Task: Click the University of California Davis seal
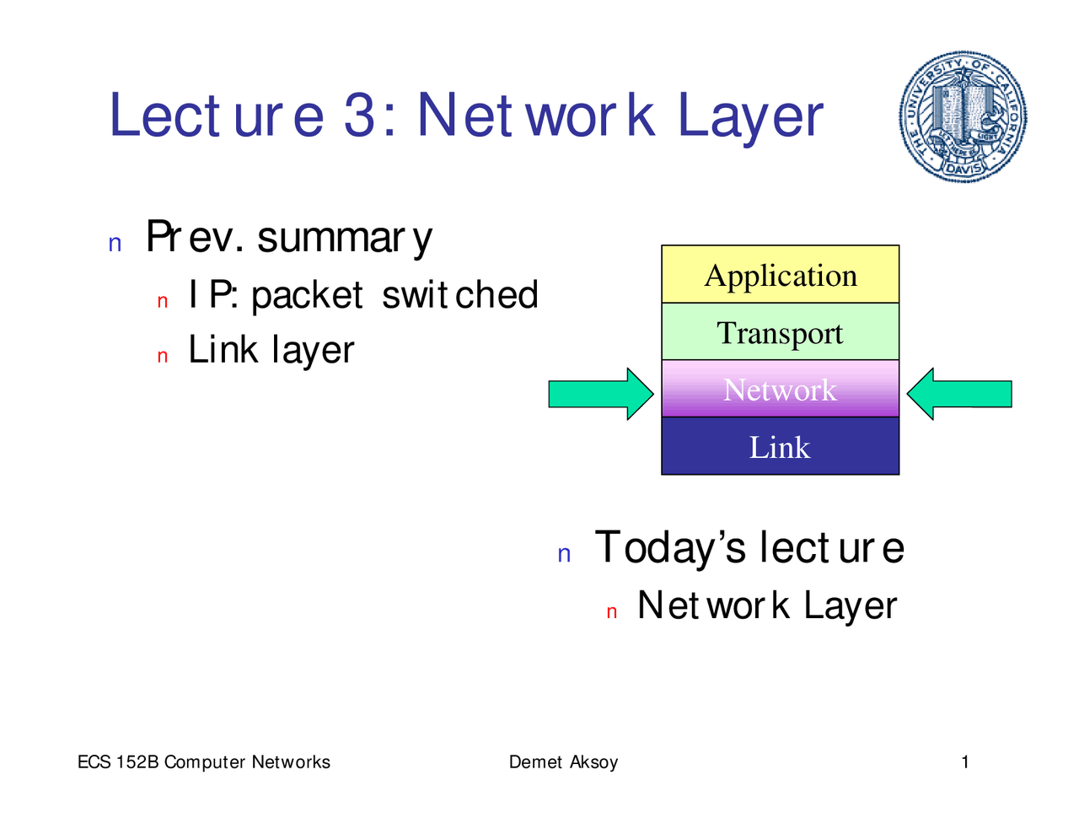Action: (964, 116)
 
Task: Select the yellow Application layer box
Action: (780, 275)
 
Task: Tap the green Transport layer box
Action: (780, 332)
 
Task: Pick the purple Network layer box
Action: (780, 390)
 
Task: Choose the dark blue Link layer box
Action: (780, 446)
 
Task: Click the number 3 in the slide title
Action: (360, 116)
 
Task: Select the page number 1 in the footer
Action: (965, 762)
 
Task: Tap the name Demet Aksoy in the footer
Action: (563, 762)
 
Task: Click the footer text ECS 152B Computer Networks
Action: (204, 762)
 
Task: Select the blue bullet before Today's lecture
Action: (565, 555)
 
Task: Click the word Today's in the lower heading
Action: (670, 547)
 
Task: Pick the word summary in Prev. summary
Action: (345, 238)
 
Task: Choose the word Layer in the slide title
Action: (750, 117)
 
